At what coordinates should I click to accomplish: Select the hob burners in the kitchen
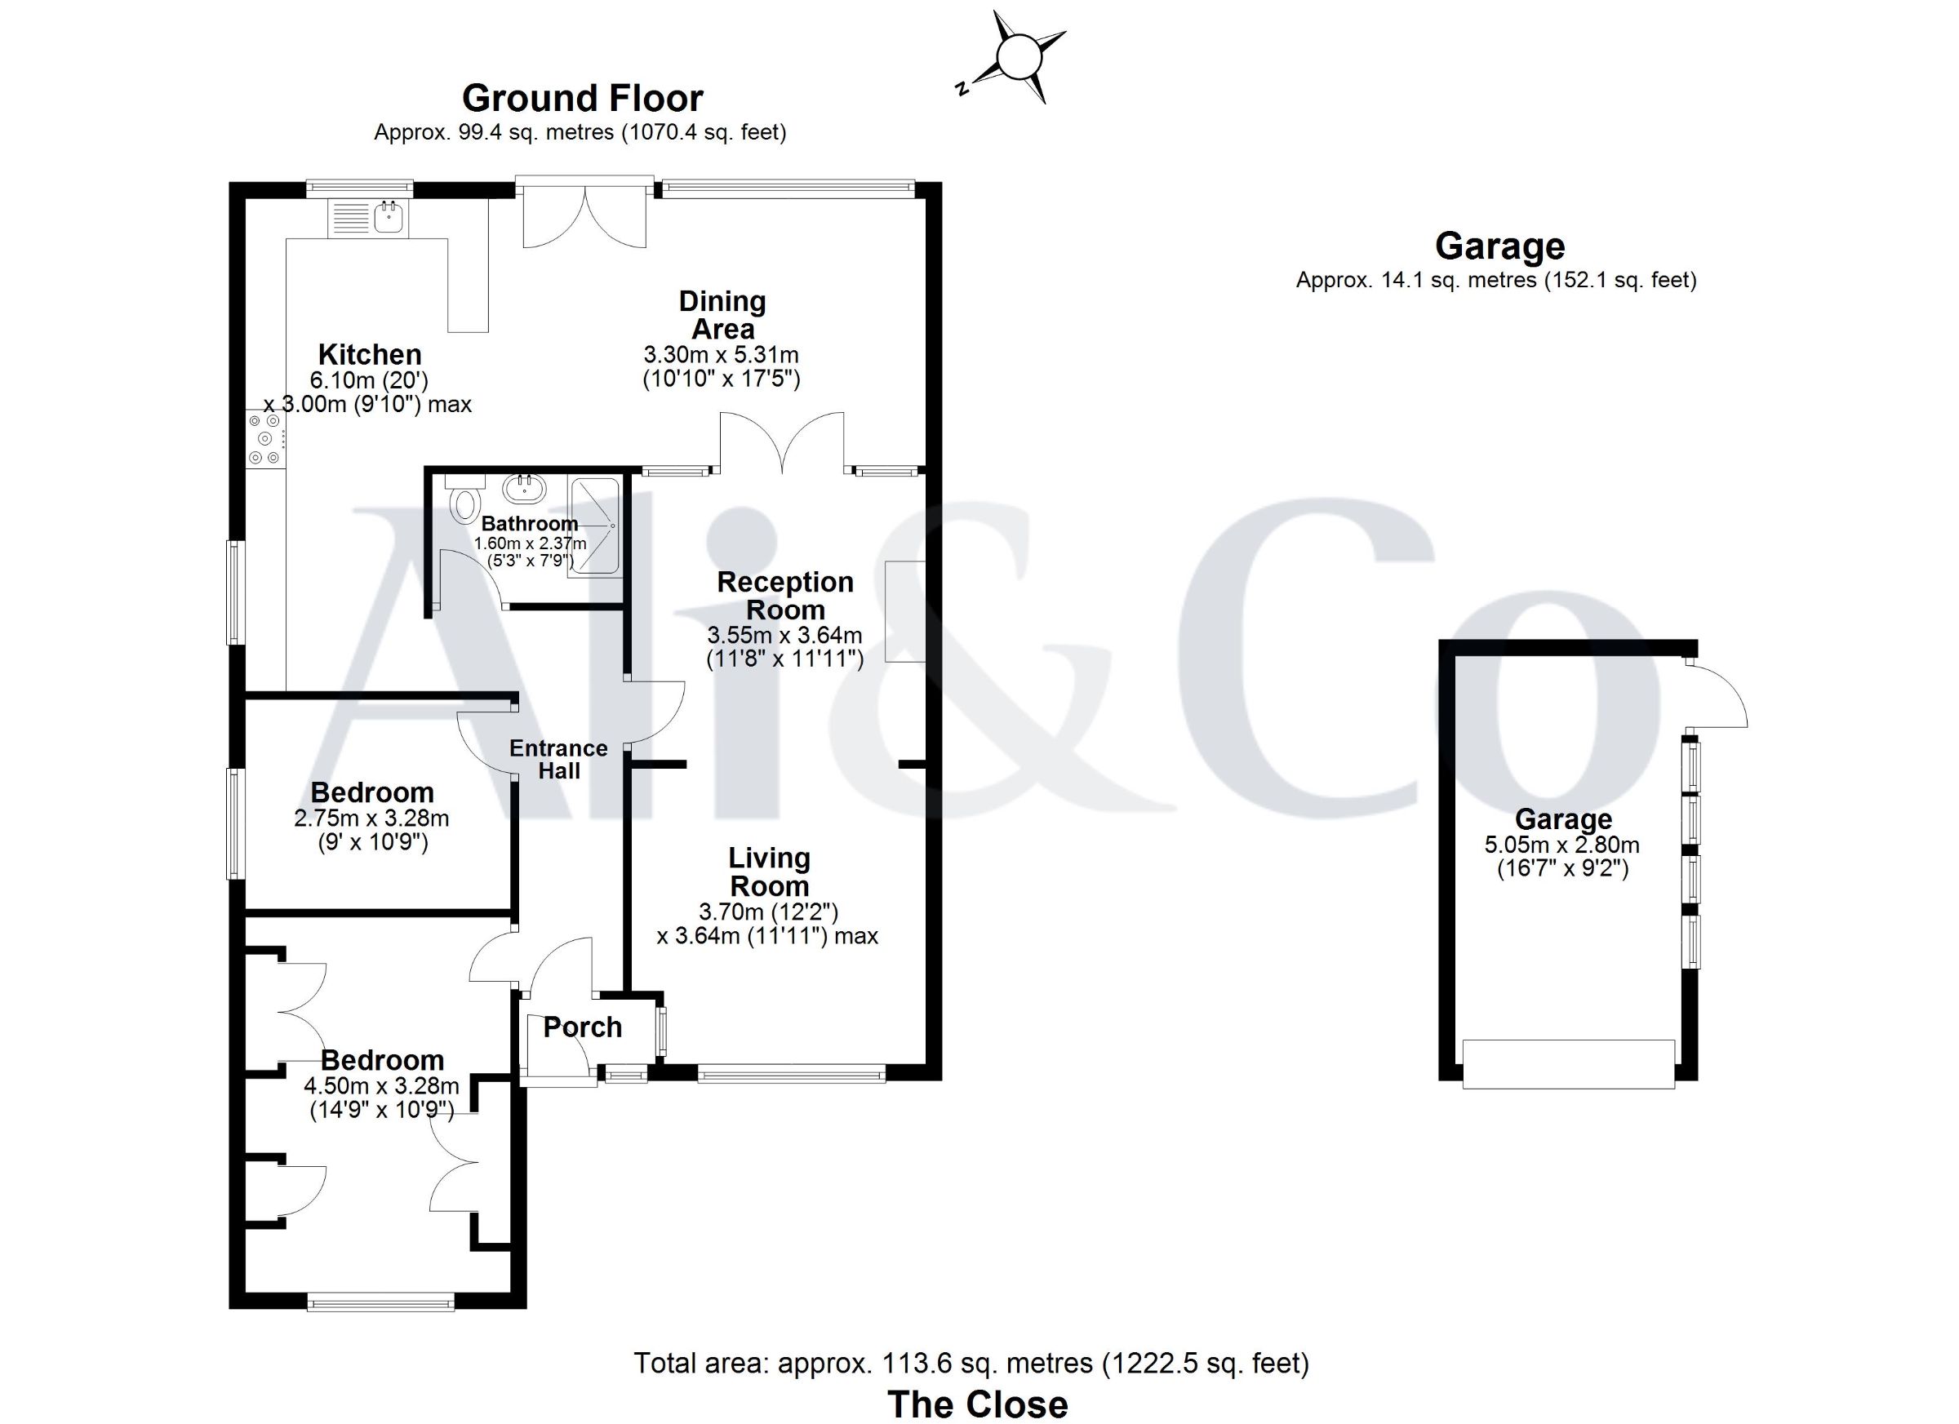click(264, 439)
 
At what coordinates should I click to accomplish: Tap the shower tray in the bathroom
click(595, 527)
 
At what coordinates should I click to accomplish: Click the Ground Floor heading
click(582, 99)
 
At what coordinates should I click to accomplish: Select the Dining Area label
click(722, 315)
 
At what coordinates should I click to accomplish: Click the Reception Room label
click(785, 596)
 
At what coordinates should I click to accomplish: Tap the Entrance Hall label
click(558, 760)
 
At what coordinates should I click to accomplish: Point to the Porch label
click(582, 1027)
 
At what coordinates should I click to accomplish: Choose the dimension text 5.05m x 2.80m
click(1563, 845)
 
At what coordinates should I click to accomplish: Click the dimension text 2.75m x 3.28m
click(371, 818)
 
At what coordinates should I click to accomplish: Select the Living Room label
click(769, 872)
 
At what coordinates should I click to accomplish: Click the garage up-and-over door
click(1569, 1064)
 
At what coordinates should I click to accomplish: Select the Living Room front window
click(791, 1074)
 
